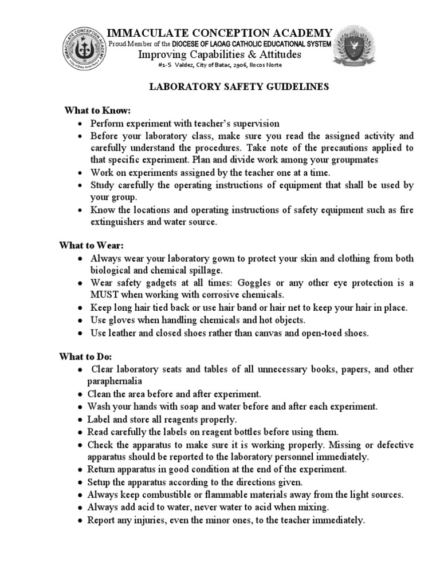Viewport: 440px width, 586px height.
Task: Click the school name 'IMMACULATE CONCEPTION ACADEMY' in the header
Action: pyautogui.click(x=220, y=32)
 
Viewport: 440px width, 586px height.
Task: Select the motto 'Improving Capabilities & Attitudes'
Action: pyautogui.click(x=220, y=54)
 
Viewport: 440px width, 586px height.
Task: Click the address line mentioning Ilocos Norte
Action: pyautogui.click(x=220, y=65)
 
